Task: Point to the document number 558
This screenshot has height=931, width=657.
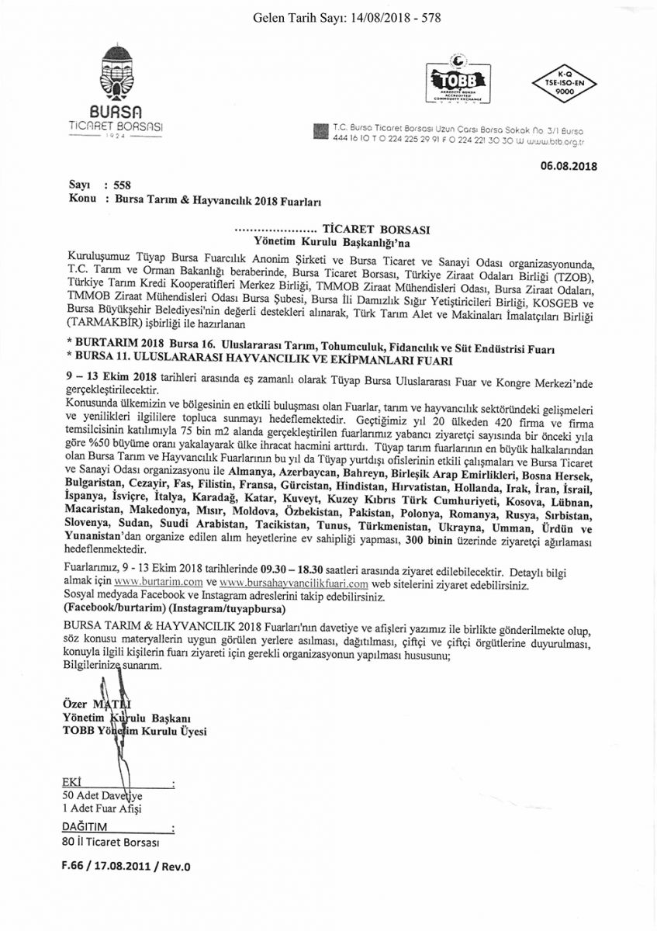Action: [122, 185]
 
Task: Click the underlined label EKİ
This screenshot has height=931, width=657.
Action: [71, 782]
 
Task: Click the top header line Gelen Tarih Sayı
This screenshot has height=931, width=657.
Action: [347, 17]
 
